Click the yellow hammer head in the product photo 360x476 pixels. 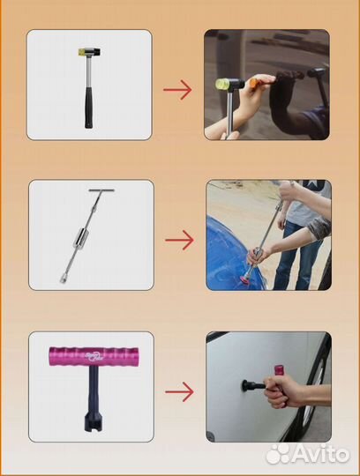(x=81, y=52)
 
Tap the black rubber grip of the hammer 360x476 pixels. (x=88, y=108)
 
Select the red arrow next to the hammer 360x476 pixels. (x=177, y=90)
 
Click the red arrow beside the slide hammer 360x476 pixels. (x=179, y=240)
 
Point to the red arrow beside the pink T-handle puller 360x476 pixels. (x=179, y=391)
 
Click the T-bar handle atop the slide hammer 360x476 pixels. (x=101, y=190)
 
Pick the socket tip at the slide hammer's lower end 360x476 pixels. (x=64, y=279)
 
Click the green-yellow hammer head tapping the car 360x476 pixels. (x=222, y=83)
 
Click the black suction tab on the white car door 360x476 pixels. (x=245, y=385)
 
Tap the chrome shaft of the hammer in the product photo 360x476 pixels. (x=89, y=71)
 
